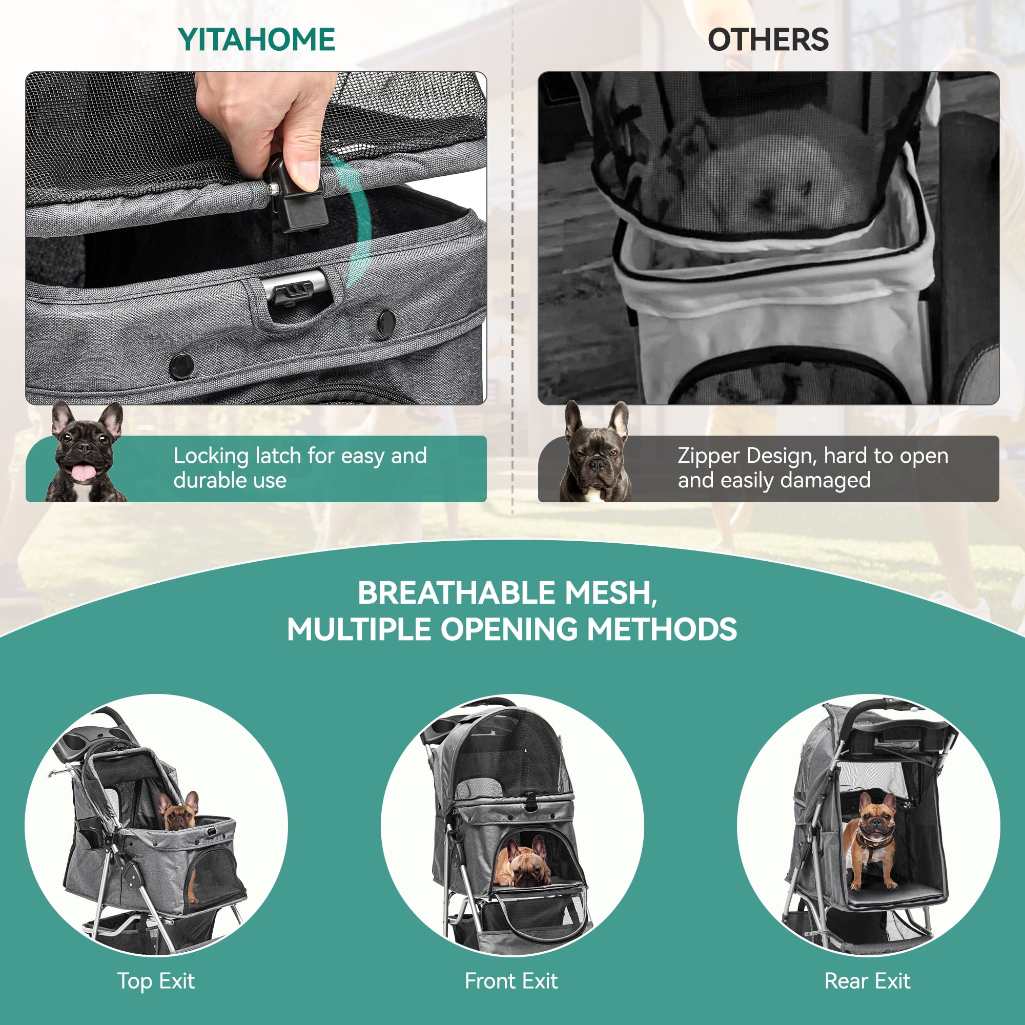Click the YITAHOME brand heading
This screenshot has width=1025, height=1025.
click(x=256, y=40)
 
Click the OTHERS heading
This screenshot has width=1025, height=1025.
click(x=768, y=40)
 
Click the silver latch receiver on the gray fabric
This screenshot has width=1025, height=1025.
click(x=296, y=289)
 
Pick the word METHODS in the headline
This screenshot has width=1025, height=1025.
click(x=662, y=629)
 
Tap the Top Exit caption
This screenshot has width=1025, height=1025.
click(x=156, y=980)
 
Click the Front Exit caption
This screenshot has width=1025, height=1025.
click(x=511, y=980)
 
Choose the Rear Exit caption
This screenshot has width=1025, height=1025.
click(x=868, y=980)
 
